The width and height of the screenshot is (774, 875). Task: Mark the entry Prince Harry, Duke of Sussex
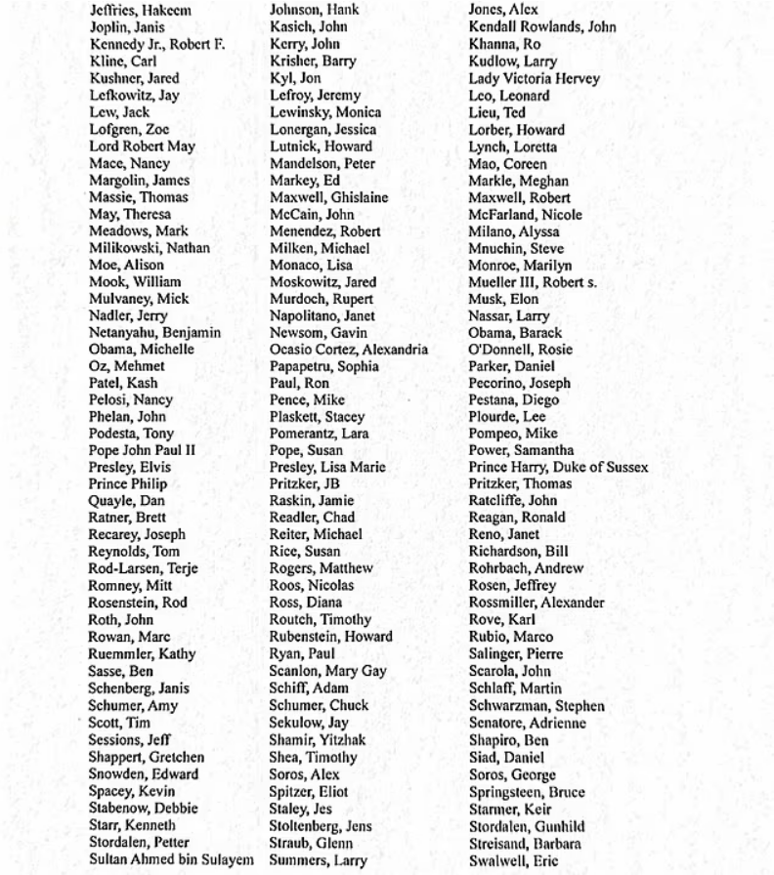(x=558, y=468)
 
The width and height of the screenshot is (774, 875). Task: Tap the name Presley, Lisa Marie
(x=332, y=468)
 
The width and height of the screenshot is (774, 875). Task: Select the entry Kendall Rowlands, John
(x=542, y=28)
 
